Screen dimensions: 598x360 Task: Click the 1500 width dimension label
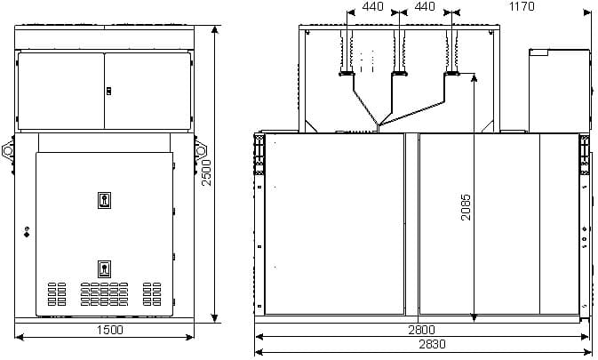110,330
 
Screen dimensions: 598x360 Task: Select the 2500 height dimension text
206,172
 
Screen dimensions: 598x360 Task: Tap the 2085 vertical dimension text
466,207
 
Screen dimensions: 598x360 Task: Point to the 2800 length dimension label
421,330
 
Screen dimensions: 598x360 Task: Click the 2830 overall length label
432,344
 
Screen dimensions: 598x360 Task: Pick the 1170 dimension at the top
522,6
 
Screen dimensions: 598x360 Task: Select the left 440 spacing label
372,6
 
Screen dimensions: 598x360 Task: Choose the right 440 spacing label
425,6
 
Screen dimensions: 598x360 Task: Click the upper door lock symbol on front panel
104,200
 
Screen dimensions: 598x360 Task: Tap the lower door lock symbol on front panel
104,268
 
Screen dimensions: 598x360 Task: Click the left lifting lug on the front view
8,150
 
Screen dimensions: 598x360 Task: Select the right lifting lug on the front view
201,150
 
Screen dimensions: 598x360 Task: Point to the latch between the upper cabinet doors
108,92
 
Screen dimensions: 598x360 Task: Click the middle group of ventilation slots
104,294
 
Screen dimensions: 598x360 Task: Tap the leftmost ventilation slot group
57,294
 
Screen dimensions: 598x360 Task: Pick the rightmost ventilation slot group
152,294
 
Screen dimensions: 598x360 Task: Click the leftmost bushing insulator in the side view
347,52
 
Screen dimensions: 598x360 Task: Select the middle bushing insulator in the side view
399,52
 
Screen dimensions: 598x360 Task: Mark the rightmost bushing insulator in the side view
452,52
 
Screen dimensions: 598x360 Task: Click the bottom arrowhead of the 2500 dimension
215,318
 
